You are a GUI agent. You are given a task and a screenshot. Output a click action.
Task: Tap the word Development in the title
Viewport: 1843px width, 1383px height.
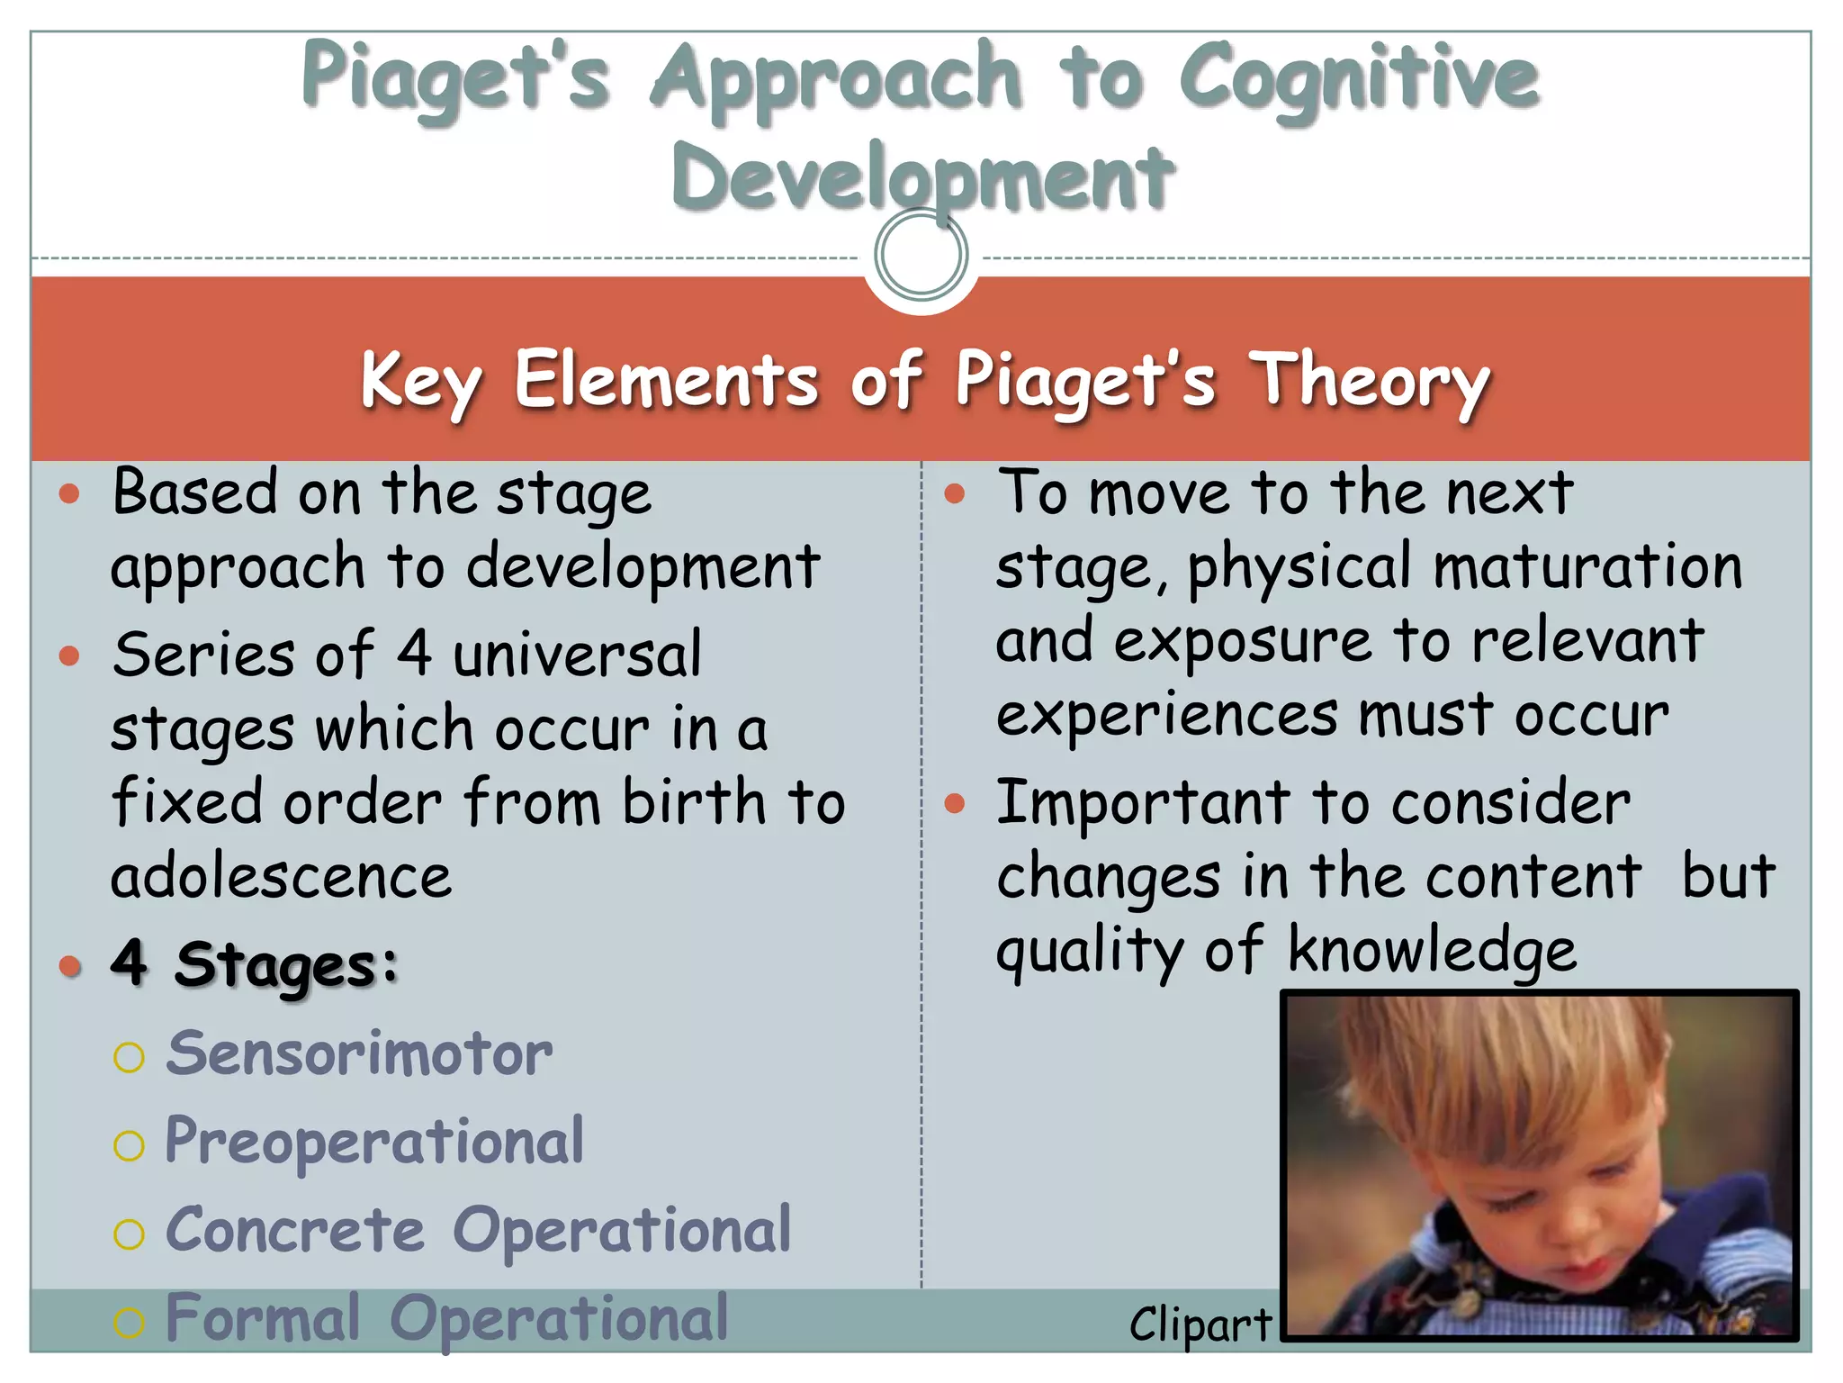(x=922, y=177)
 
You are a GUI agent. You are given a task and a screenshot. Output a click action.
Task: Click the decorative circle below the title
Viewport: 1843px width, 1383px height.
(x=921, y=255)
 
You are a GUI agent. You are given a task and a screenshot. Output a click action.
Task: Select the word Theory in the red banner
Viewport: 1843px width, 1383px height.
(x=1369, y=381)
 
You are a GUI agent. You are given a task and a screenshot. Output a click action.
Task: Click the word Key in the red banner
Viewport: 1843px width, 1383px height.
(x=420, y=381)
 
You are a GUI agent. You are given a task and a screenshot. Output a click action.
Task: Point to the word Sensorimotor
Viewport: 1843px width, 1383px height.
(x=359, y=1053)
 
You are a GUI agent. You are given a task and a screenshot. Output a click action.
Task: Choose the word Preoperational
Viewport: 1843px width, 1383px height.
(x=374, y=1143)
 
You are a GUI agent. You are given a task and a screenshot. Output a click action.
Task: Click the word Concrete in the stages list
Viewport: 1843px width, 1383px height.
(x=295, y=1231)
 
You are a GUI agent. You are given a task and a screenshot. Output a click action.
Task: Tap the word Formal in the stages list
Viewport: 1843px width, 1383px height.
(x=263, y=1319)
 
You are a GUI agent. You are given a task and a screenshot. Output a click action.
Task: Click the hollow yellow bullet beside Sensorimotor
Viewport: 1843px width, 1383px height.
(x=129, y=1057)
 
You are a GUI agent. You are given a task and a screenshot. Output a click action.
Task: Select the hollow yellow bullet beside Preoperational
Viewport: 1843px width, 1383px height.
(x=129, y=1146)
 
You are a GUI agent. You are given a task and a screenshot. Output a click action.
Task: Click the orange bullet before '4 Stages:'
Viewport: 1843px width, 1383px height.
(x=69, y=967)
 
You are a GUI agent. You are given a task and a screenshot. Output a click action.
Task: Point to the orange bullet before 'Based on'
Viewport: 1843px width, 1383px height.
(x=69, y=493)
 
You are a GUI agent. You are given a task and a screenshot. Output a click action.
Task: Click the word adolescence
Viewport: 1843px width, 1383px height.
(x=281, y=876)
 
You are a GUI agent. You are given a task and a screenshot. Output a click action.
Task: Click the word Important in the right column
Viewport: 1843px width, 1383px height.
(x=1143, y=802)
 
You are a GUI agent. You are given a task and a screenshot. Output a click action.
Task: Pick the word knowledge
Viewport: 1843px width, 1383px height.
(x=1432, y=951)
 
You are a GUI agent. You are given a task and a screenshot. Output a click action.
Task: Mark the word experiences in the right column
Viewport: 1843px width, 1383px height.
(x=1167, y=716)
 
